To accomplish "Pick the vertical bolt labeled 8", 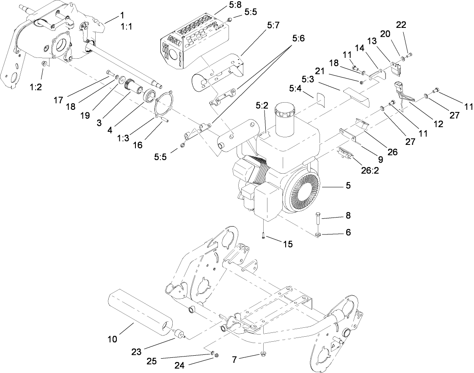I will click(318, 222).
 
